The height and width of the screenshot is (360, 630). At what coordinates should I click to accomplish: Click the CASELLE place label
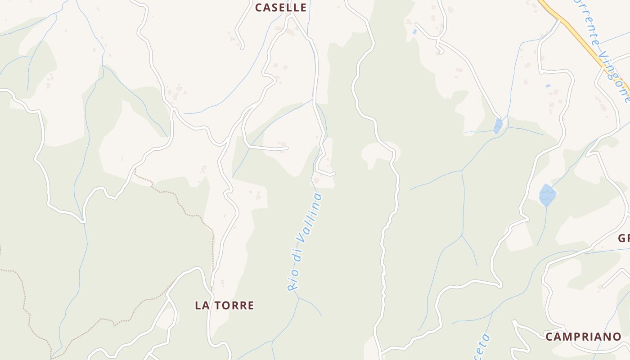pyautogui.click(x=281, y=8)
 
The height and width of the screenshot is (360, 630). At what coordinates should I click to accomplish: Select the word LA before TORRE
pyautogui.click(x=202, y=306)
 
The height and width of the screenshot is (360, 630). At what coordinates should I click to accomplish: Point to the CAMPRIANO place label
pyautogui.click(x=583, y=337)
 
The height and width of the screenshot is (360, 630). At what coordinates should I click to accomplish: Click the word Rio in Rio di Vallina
pyautogui.click(x=293, y=281)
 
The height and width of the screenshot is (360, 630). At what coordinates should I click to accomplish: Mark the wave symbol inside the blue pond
pyautogui.click(x=548, y=195)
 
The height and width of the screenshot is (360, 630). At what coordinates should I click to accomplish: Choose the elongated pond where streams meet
pyautogui.click(x=498, y=126)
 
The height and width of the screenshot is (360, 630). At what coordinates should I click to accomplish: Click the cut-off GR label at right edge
pyautogui.click(x=624, y=238)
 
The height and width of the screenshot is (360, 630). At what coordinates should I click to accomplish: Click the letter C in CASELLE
pyautogui.click(x=259, y=8)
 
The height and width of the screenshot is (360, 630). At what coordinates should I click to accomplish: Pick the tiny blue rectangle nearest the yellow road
pyautogui.click(x=548, y=85)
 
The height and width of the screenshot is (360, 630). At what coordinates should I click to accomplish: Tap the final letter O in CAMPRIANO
pyautogui.click(x=617, y=337)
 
